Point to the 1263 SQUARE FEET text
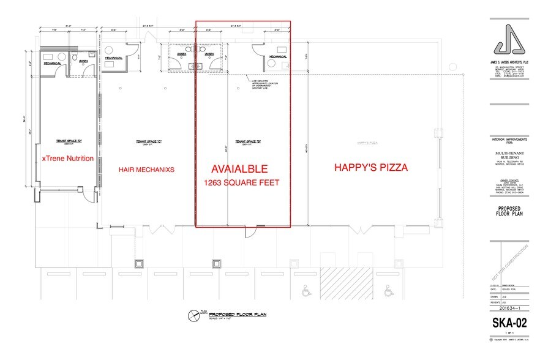pos(243,182)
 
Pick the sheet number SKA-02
pos(509,323)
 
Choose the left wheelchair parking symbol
pos(306,292)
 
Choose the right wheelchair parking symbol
pos(388,292)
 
